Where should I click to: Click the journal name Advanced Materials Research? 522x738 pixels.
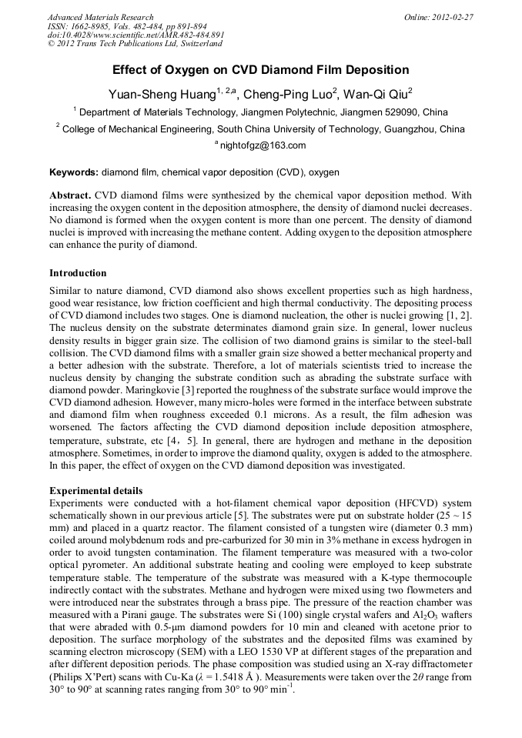tap(100, 17)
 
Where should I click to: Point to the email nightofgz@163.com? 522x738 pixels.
tap(263, 145)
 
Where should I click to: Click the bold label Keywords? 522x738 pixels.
tap(74, 172)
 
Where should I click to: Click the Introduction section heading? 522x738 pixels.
tap(78, 273)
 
